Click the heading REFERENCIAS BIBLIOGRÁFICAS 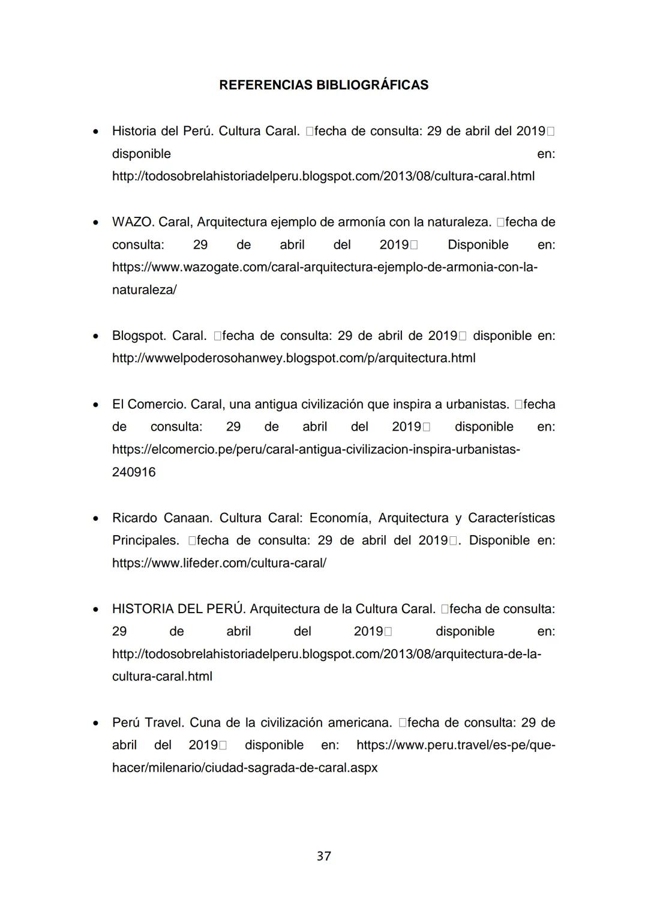[323, 85]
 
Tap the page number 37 [324, 856]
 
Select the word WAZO [133, 222]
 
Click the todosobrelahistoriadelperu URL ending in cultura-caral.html [323, 177]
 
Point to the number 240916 [134, 473]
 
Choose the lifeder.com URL [219, 563]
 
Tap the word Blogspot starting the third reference [139, 336]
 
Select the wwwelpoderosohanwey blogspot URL [293, 359]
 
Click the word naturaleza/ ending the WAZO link [144, 290]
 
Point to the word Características [511, 518]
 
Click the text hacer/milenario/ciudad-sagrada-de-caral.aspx [245, 768]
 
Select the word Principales [145, 540]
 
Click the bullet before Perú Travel [95, 723]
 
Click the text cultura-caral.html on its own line [162, 677]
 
